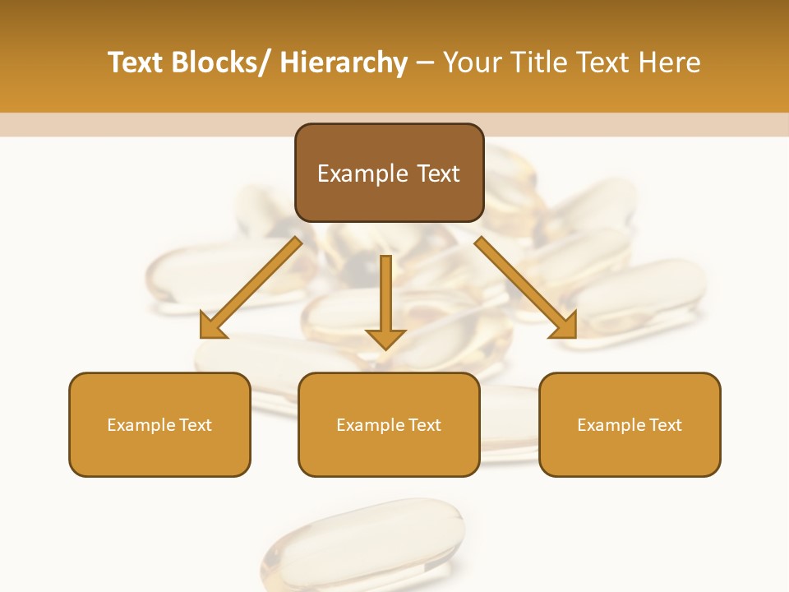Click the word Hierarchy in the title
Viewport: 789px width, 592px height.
click(x=344, y=62)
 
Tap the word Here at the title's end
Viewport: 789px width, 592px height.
click(x=669, y=62)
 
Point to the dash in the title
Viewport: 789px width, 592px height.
click(x=425, y=63)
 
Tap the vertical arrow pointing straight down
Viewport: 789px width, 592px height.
click(x=385, y=296)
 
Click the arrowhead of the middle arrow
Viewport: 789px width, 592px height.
click(x=385, y=338)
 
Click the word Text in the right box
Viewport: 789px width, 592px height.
click(x=665, y=425)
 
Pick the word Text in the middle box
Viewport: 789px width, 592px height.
click(x=424, y=425)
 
